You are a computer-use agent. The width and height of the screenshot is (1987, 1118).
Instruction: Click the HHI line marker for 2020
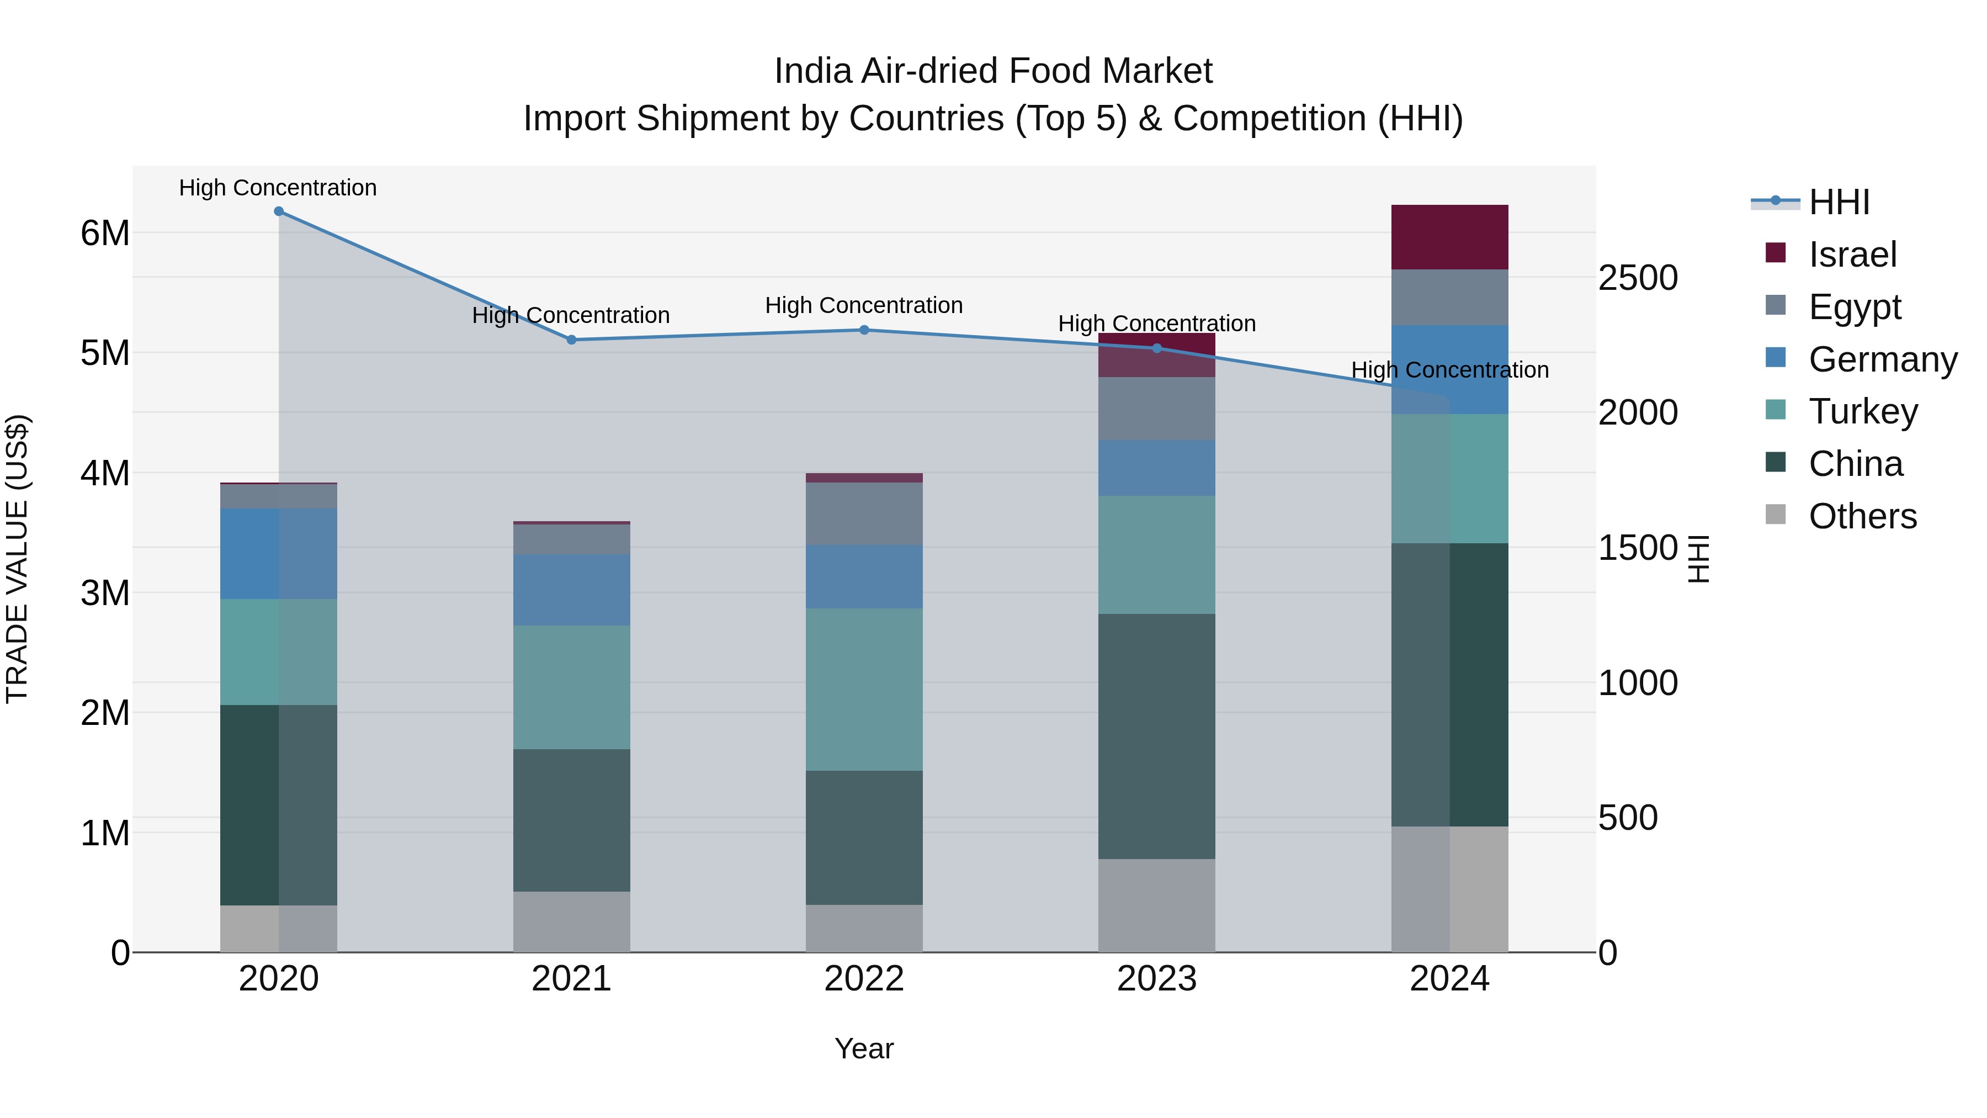click(279, 211)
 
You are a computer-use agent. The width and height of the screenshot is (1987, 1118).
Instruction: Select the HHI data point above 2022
click(864, 330)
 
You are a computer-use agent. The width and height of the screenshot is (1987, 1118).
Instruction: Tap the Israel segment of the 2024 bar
click(1449, 237)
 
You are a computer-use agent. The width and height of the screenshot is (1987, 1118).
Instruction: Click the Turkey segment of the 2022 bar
click(864, 689)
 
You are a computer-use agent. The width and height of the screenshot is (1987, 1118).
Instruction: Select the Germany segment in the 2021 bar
click(572, 590)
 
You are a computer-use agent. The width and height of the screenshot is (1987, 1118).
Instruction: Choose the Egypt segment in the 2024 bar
click(1449, 297)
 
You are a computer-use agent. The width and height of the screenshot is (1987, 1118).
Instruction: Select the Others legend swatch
click(1775, 515)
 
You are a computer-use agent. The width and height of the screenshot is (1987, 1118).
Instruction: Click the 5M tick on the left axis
click(105, 353)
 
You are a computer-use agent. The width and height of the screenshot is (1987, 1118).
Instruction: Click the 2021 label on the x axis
click(572, 979)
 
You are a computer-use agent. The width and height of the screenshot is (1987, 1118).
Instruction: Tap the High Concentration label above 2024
click(1449, 370)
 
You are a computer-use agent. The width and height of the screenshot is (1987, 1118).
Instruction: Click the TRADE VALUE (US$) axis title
click(17, 559)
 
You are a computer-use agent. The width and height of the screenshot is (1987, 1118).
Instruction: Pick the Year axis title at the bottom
click(864, 1048)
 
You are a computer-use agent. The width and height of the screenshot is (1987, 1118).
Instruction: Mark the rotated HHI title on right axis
click(1698, 559)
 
